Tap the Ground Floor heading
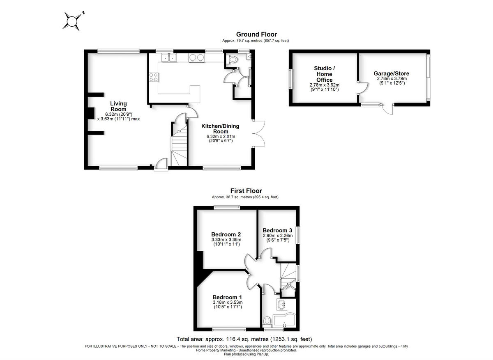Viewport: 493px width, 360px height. [256, 34]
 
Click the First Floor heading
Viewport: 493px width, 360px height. [246, 191]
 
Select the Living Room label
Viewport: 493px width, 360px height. [118, 106]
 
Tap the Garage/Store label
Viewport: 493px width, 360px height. [391, 73]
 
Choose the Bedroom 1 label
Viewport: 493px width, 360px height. [227, 297]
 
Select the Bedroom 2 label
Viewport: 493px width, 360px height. [226, 234]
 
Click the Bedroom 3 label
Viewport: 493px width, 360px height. [277, 230]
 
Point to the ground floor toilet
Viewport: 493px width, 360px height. [233, 60]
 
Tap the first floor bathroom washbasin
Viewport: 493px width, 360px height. [281, 305]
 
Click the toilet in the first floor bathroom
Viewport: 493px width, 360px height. [267, 321]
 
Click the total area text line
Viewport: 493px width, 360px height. [244, 339]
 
